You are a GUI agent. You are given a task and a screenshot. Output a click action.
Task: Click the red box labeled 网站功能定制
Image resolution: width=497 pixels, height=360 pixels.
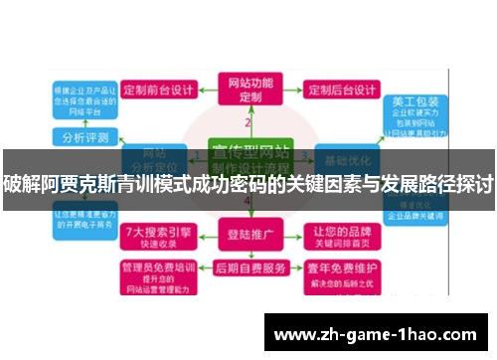click(248, 90)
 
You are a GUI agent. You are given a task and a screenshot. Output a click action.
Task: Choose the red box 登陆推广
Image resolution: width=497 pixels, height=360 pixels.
click(248, 237)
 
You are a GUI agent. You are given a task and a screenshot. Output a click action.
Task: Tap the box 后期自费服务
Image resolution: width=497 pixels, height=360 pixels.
click(248, 269)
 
